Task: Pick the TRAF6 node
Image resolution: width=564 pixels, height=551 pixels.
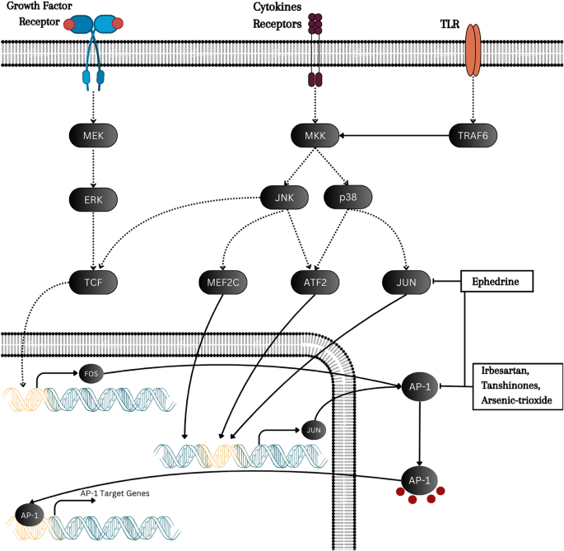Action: tap(473, 133)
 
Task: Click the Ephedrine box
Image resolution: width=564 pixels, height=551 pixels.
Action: tap(496, 283)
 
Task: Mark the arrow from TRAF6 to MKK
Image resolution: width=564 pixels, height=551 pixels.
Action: tap(392, 133)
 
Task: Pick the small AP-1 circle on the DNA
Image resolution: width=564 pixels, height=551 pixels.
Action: tap(30, 515)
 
